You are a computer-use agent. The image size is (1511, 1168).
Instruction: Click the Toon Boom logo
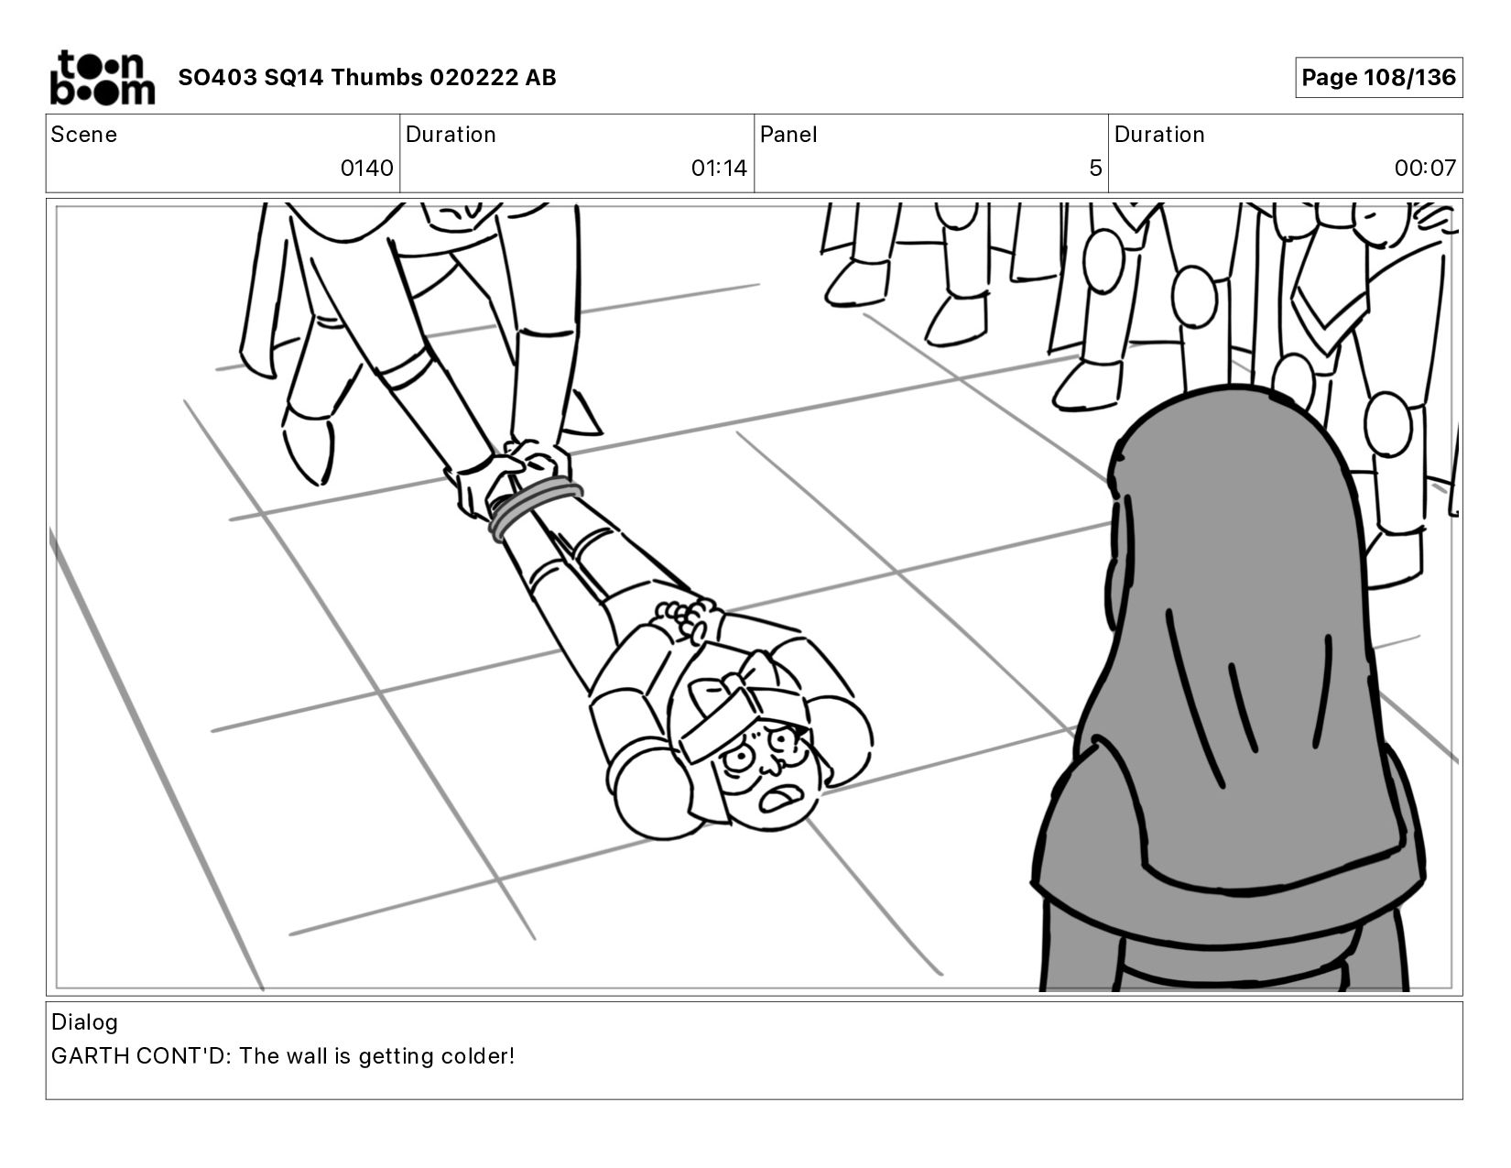[103, 78]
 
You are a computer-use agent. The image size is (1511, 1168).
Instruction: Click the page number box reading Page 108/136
[1378, 77]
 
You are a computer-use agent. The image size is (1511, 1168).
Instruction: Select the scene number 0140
[366, 168]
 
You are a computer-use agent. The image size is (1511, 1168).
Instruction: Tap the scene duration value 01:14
[719, 168]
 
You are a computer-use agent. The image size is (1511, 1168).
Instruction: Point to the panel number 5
[1095, 168]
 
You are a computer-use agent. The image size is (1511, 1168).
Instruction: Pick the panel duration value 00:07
[1425, 168]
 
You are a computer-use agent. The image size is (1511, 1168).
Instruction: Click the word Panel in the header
[788, 135]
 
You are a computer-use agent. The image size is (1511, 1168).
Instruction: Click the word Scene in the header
[83, 135]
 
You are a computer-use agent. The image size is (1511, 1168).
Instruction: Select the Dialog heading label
[84, 1022]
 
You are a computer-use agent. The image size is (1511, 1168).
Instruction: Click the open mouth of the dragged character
[777, 800]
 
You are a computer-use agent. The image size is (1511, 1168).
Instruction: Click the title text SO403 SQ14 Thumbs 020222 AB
[367, 77]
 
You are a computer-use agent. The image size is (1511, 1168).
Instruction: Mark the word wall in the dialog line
[307, 1056]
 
